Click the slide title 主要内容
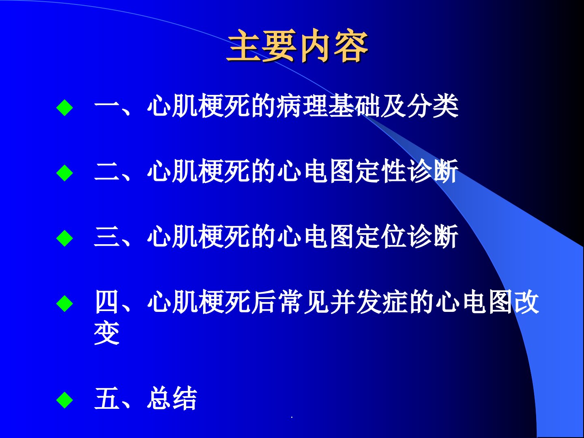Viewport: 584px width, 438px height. click(x=297, y=46)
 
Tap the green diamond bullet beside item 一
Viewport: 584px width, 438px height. click(x=64, y=107)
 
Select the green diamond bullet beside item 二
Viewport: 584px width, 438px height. click(x=64, y=173)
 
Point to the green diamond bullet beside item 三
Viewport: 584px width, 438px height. click(x=64, y=238)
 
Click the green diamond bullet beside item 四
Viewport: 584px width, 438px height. click(x=64, y=303)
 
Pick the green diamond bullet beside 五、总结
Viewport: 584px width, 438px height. click(x=64, y=400)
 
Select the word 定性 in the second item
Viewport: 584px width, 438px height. click(x=381, y=171)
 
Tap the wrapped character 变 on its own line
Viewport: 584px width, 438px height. click(x=107, y=334)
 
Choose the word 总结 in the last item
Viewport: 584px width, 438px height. click(x=172, y=398)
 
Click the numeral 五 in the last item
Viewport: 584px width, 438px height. click(x=107, y=398)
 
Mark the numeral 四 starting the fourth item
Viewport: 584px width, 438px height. click(x=107, y=302)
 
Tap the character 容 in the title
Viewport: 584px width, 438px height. click(x=351, y=46)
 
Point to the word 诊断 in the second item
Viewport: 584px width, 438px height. click(x=433, y=171)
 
